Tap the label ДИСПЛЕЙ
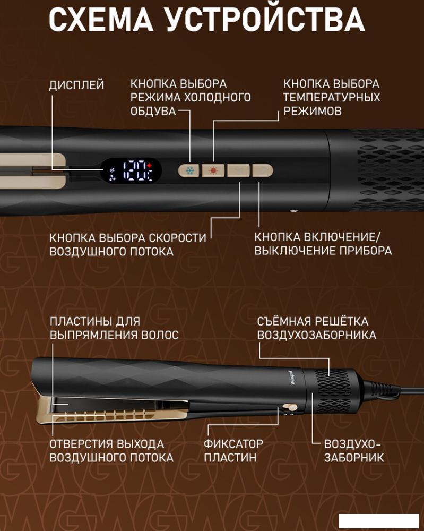(x=76, y=85)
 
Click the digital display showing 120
(x=131, y=170)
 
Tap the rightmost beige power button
(x=263, y=170)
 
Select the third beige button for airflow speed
(x=239, y=170)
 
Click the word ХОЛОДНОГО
(x=217, y=98)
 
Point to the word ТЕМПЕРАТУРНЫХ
(x=332, y=98)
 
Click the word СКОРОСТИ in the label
(x=177, y=238)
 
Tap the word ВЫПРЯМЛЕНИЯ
(x=92, y=335)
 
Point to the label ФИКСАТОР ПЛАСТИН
(x=233, y=451)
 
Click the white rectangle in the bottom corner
(x=379, y=520)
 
